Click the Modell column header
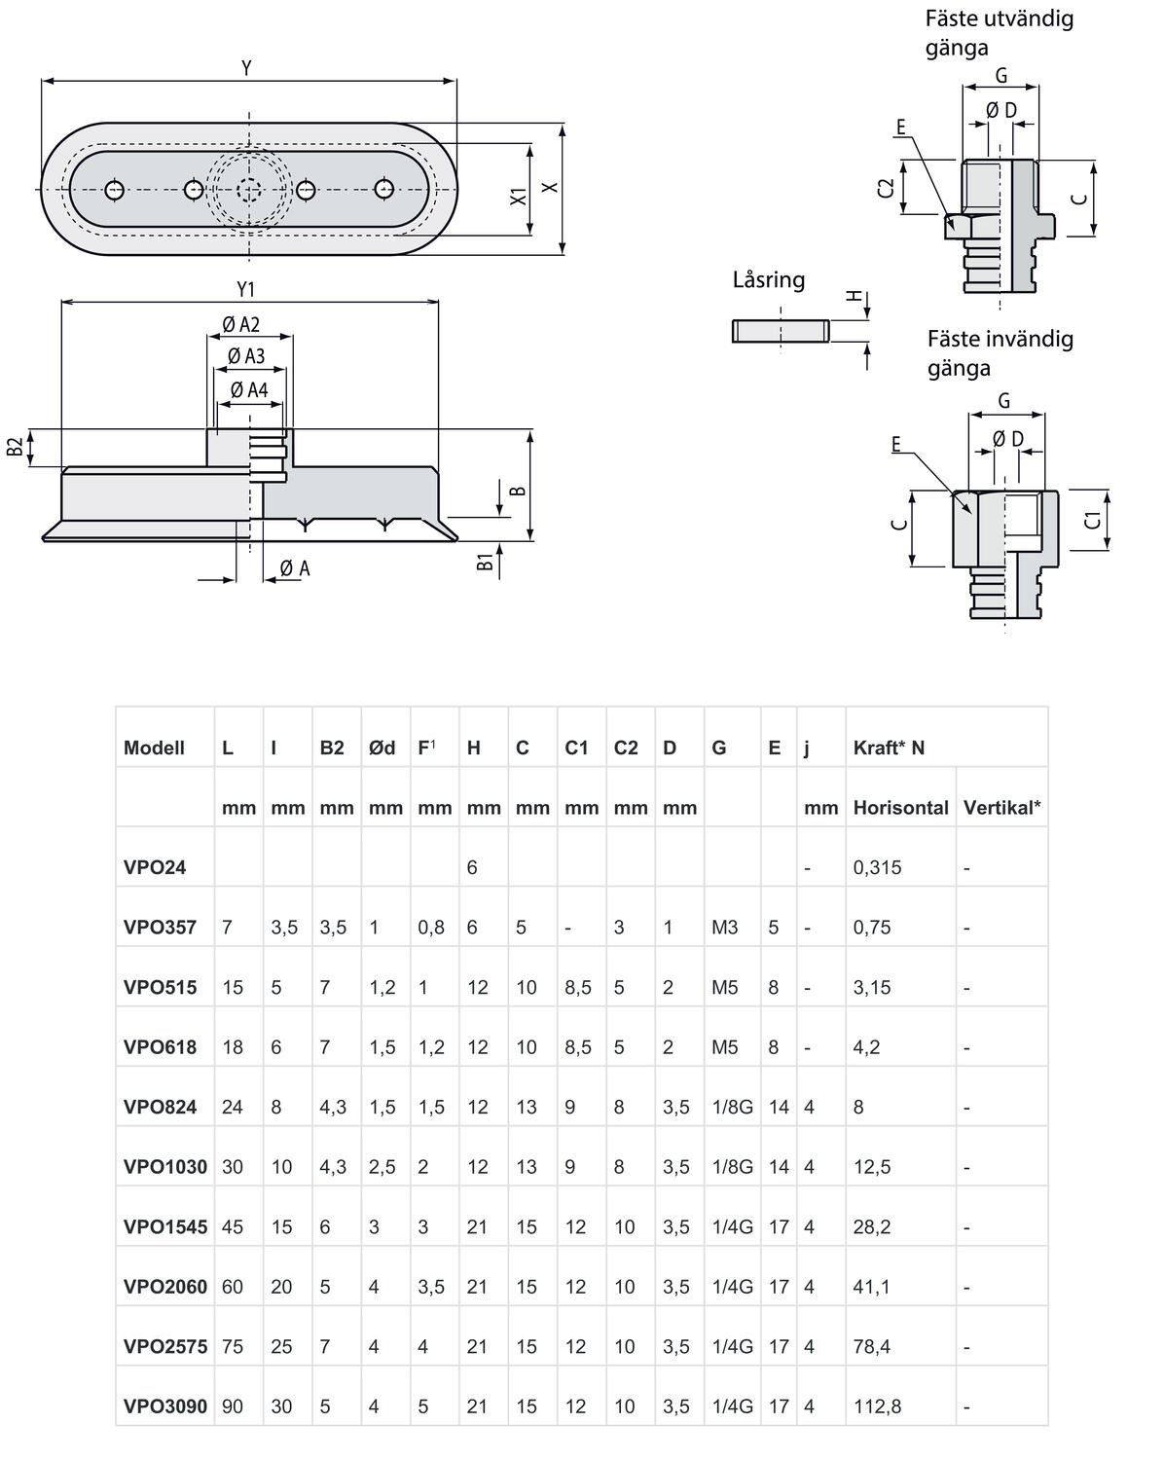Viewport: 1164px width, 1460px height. (154, 748)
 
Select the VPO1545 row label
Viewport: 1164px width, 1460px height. (165, 1226)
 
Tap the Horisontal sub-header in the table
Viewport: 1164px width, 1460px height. (900, 807)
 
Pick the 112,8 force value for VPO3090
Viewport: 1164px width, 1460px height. (878, 1406)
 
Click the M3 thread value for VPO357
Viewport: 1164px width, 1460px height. (725, 928)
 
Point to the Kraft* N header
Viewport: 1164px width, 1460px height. (889, 748)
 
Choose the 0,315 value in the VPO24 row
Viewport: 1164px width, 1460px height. (877, 867)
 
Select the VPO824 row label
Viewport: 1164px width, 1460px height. (160, 1107)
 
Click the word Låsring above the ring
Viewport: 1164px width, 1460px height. (769, 280)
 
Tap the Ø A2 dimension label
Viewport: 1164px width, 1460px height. (240, 325)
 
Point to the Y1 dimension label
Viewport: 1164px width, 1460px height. (245, 289)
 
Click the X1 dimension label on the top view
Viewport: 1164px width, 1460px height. (519, 196)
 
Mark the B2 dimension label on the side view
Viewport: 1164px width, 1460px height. (16, 448)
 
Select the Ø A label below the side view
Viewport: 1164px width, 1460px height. (294, 568)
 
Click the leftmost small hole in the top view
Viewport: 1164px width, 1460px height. (116, 190)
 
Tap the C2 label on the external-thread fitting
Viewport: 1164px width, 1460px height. (885, 188)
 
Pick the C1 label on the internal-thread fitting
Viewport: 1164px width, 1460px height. (1094, 519)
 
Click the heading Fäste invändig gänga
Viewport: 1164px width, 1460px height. (1000, 352)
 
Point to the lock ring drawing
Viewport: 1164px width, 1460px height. (780, 331)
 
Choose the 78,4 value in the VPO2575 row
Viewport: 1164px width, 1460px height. (872, 1347)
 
